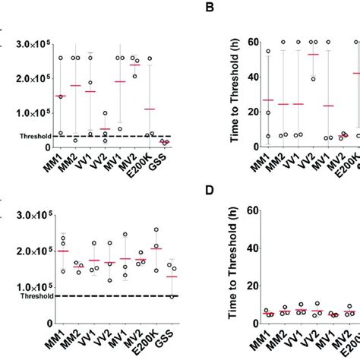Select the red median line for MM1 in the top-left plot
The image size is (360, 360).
click(x=61, y=96)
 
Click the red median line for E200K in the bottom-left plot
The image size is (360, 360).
click(x=156, y=248)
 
